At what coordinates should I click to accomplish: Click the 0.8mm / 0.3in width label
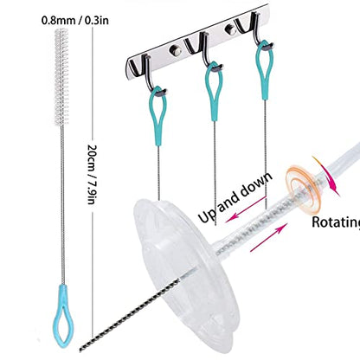(x=75, y=21)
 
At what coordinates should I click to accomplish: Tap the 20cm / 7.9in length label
(x=92, y=174)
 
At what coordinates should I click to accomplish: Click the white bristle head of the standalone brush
(x=61, y=77)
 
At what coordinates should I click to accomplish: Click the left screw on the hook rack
(x=175, y=50)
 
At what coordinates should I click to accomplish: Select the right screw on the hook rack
(x=230, y=29)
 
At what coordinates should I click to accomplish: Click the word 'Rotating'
(x=336, y=222)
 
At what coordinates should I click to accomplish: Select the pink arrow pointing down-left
(x=246, y=209)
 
